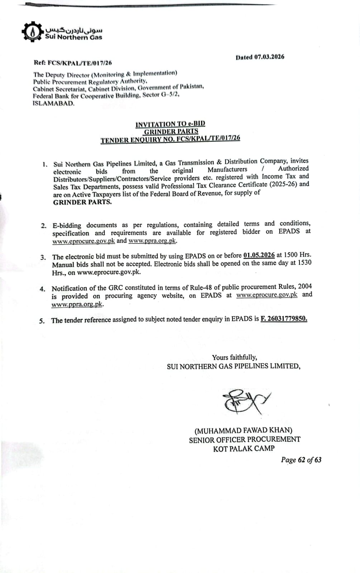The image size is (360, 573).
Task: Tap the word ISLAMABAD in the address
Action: (x=54, y=104)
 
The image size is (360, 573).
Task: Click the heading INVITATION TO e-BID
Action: (x=170, y=124)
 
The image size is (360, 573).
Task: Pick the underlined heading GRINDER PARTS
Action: (x=171, y=132)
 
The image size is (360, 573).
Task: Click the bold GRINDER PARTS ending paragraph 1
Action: (x=82, y=202)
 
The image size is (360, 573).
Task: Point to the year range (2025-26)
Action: (x=283, y=184)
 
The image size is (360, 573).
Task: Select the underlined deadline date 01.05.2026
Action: (x=259, y=255)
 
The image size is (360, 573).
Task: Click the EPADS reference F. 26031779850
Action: (x=284, y=319)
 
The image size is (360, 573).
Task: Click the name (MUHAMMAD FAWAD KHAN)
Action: (x=243, y=430)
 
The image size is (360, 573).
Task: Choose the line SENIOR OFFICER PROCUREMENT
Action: (x=245, y=439)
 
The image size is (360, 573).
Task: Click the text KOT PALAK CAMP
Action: (x=244, y=448)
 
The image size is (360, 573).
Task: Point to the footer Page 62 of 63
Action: (x=301, y=460)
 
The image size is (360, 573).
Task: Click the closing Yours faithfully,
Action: (x=234, y=357)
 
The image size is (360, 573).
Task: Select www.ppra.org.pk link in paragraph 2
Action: (x=152, y=240)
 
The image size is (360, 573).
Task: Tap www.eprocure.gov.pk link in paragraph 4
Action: (x=267, y=295)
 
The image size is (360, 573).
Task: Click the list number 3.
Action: (x=43, y=257)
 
